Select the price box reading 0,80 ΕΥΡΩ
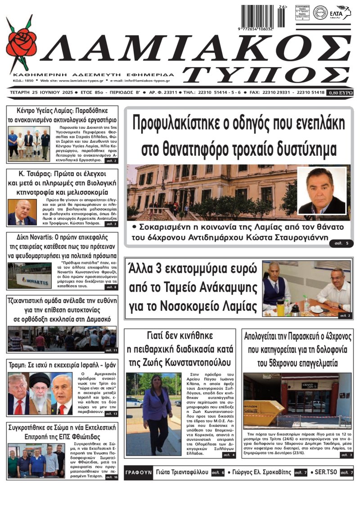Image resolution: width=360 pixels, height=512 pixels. point(341,92)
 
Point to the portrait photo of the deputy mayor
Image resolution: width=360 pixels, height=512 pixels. point(321,191)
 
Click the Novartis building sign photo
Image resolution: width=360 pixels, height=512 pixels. point(33,275)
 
